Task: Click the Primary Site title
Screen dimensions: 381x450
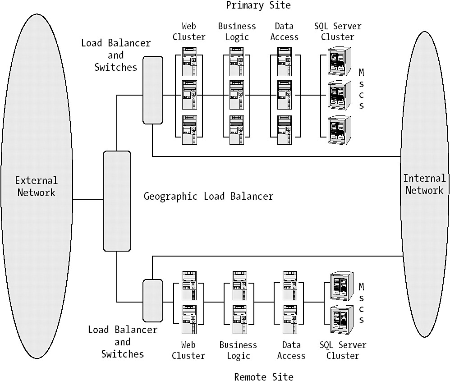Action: [258, 5]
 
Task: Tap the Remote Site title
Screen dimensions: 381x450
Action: [263, 376]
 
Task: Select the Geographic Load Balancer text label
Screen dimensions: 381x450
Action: [208, 197]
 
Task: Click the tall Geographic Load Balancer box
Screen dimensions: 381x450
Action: [117, 201]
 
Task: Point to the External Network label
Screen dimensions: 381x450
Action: [36, 186]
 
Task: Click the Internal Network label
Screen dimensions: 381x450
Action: [424, 184]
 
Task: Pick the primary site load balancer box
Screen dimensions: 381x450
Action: [152, 90]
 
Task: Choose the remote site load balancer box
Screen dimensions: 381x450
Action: [152, 299]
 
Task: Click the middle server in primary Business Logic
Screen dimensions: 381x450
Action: [237, 95]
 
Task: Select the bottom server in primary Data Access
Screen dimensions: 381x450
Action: [284, 130]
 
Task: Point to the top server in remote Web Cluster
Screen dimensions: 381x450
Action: [188, 285]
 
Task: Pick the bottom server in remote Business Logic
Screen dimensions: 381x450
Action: [239, 319]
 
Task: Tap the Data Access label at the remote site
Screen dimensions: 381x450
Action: [291, 350]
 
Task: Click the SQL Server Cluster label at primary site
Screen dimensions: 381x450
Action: [337, 32]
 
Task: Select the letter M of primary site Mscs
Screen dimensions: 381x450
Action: [362, 72]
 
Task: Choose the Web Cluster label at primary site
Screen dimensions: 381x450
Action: [188, 32]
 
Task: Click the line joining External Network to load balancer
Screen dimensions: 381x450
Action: [88, 199]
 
